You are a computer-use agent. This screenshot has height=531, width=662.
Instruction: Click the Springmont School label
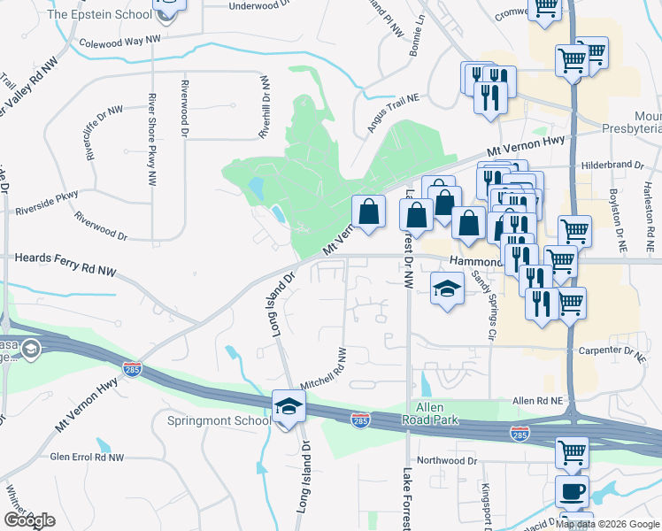pyautogui.click(x=219, y=420)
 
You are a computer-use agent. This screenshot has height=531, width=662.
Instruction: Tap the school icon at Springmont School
pyautogui.click(x=289, y=406)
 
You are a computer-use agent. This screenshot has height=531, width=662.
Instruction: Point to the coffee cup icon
pyautogui.click(x=572, y=492)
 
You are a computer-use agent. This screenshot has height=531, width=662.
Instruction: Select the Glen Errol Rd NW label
pyautogui.click(x=87, y=457)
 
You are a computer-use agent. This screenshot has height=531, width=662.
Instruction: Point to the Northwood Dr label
pyautogui.click(x=447, y=460)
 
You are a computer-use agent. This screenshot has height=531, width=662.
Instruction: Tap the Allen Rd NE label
pyautogui.click(x=538, y=401)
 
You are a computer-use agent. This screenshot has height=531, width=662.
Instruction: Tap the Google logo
pyautogui.click(x=29, y=520)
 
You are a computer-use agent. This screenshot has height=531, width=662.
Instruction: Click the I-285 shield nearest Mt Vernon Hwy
pyautogui.click(x=131, y=369)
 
